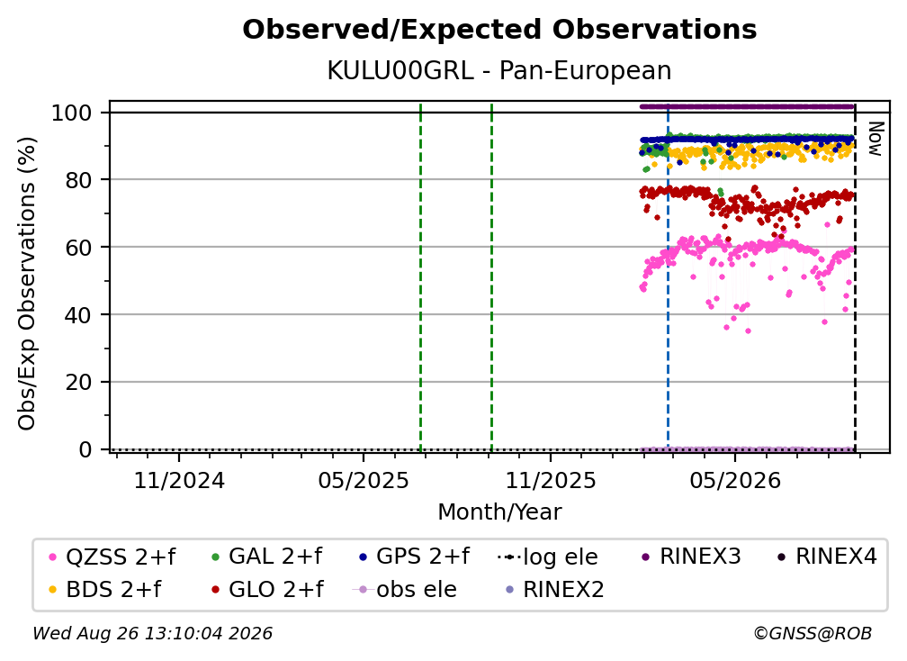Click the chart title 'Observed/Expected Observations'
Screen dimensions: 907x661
(x=499, y=30)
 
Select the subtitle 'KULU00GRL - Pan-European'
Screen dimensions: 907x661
(x=499, y=71)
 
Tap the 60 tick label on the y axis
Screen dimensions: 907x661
(x=78, y=247)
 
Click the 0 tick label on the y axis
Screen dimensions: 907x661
(x=85, y=449)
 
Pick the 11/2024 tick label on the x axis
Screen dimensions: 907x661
(x=179, y=480)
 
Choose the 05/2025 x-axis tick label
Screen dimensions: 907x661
(x=364, y=480)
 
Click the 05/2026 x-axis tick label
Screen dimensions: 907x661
(x=735, y=480)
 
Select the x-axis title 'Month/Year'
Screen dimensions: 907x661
(x=499, y=512)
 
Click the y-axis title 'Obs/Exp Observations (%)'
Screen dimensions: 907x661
(x=27, y=283)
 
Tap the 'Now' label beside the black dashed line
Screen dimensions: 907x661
(x=876, y=139)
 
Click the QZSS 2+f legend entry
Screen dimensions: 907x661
(x=112, y=557)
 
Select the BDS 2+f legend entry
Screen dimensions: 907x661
(x=105, y=589)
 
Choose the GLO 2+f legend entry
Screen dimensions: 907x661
(x=268, y=589)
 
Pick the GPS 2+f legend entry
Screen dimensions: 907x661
(x=414, y=557)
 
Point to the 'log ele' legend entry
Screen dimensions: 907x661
(x=547, y=557)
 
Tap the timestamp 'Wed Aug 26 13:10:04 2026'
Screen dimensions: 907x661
(x=152, y=633)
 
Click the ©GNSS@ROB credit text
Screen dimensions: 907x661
(x=813, y=633)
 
